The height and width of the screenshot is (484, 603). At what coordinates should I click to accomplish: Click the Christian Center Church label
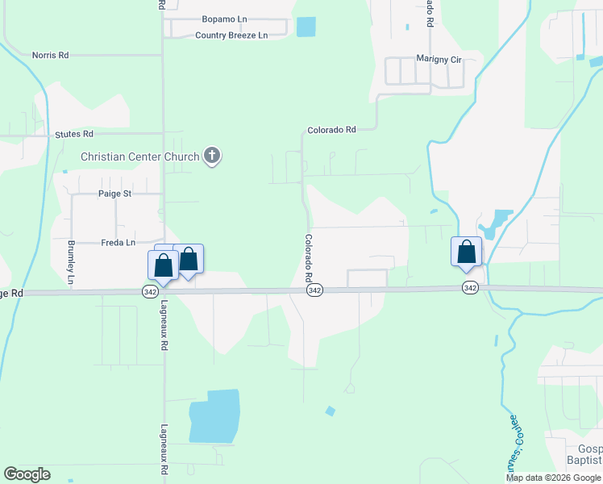[x=139, y=156]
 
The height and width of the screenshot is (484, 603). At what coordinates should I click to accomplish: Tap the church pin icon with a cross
[x=212, y=156]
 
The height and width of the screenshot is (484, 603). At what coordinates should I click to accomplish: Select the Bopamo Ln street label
[x=223, y=19]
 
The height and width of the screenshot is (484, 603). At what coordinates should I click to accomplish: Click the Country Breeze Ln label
[x=231, y=35]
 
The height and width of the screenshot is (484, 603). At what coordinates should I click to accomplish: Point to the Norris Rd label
[x=50, y=55]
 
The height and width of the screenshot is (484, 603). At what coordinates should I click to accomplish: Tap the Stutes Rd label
[x=74, y=134]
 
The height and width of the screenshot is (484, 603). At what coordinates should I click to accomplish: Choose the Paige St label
[x=114, y=194]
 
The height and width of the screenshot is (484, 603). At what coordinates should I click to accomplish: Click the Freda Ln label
[x=119, y=242]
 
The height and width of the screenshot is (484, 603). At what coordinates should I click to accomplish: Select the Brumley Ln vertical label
[x=71, y=263]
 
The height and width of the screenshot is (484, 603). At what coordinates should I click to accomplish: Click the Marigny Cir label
[x=438, y=59]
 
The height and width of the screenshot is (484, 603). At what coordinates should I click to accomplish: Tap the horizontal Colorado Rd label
[x=331, y=130]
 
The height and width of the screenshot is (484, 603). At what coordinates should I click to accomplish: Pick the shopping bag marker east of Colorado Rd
[x=466, y=252]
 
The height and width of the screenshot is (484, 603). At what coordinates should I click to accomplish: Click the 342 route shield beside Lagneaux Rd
[x=150, y=290]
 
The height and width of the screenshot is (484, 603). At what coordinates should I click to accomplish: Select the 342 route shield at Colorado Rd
[x=315, y=290]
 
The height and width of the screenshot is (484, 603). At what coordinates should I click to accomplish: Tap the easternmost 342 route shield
[x=471, y=288]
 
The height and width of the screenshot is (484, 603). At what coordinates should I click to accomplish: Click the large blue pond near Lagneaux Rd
[x=214, y=416]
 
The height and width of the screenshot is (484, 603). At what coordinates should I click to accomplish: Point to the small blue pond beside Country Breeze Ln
[x=306, y=27]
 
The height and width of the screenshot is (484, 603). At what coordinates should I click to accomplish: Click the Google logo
[x=27, y=474]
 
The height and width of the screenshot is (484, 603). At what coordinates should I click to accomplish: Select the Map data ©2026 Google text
[x=553, y=478]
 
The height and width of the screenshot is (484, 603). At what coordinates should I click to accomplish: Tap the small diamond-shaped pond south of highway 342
[x=330, y=411]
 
